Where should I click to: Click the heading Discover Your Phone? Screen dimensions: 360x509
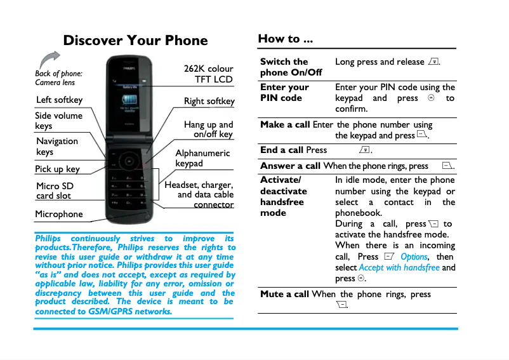[135, 41]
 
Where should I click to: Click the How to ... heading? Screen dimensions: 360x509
[285, 39]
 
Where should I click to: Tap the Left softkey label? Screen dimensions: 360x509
[59, 100]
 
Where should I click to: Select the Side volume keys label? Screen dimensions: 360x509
[58, 121]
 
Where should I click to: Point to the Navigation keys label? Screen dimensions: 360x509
[57, 146]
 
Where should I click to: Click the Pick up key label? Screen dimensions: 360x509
[57, 169]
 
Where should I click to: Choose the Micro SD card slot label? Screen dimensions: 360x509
[55, 190]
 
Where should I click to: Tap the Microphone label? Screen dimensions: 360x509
[58, 214]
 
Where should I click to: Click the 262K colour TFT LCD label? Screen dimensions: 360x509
[208, 74]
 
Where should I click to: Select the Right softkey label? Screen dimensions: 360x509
[209, 101]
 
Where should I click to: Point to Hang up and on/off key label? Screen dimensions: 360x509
[208, 130]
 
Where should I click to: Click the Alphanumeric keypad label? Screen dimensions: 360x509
[202, 158]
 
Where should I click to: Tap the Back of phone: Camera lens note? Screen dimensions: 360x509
[58, 78]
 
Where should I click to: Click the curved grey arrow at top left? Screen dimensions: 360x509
[48, 60]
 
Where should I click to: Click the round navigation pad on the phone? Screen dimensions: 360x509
[129, 161]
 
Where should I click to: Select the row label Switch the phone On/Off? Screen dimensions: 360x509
[291, 67]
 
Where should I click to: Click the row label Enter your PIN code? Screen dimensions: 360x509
[284, 93]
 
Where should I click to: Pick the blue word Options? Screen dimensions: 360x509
[414, 257]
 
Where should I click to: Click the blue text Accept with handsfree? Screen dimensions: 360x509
[399, 267]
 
